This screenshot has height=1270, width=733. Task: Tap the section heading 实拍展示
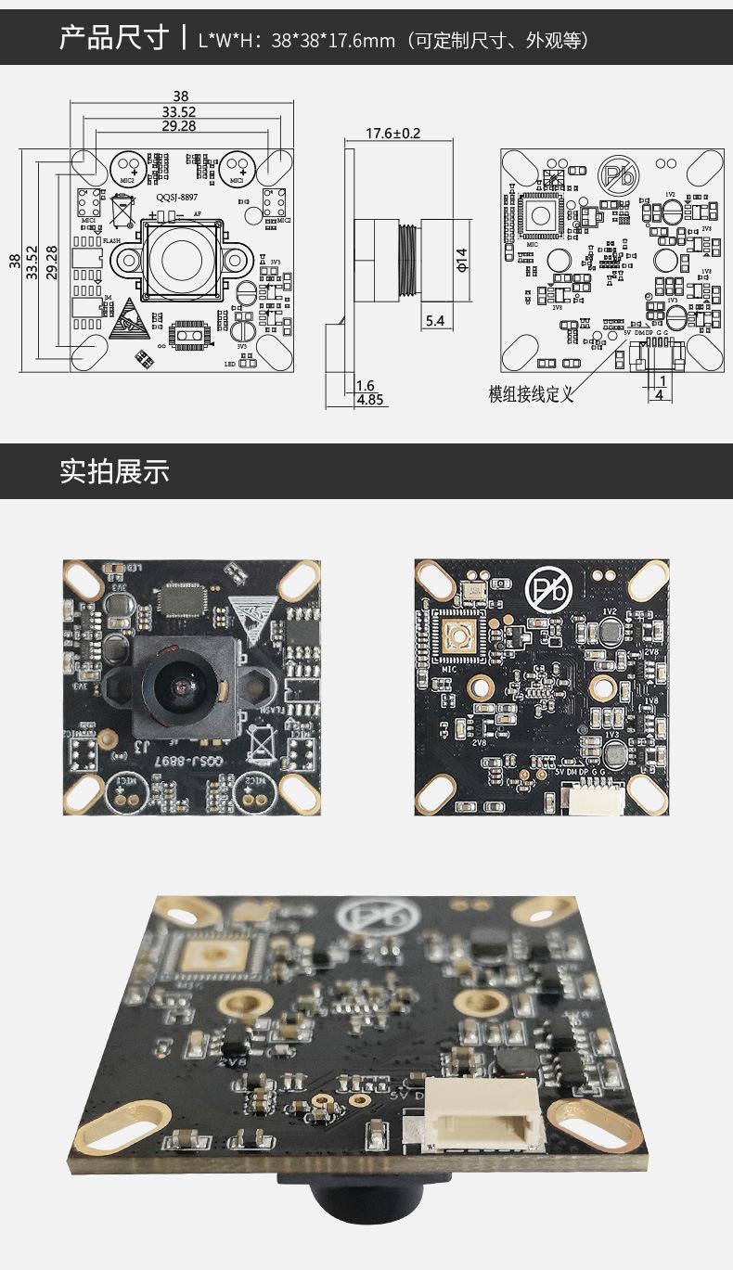[114, 471]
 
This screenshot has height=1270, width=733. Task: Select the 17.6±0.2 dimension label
[392, 134]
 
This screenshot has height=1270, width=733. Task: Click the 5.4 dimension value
[434, 321]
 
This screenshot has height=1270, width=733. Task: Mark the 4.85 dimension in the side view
[370, 400]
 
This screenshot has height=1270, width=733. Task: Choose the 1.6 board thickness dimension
[366, 385]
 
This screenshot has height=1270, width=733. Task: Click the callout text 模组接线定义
[532, 394]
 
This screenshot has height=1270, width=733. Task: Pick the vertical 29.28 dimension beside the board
[52, 263]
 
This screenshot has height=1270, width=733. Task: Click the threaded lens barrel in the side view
[406, 259]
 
